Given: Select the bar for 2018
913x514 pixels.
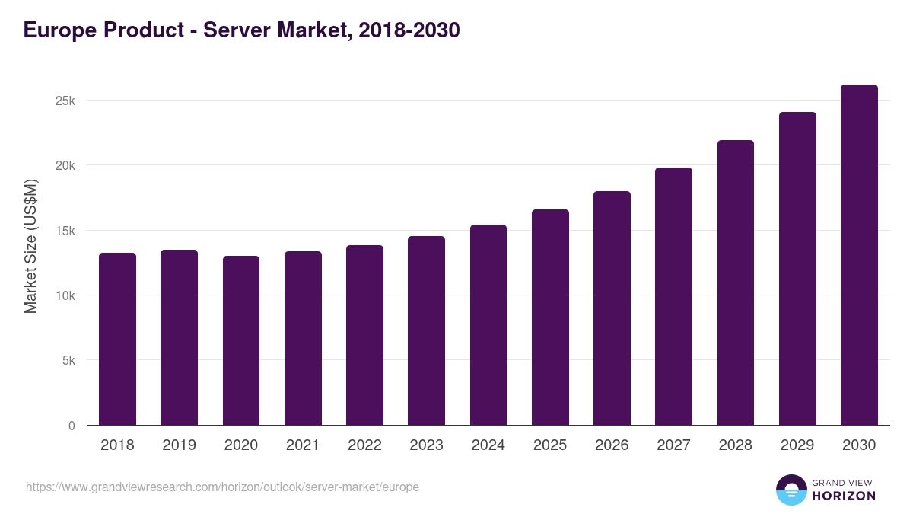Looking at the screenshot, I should pos(117,339).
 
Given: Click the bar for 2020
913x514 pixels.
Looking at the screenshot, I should pos(241,340).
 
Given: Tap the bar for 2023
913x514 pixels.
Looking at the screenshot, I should pos(426,330).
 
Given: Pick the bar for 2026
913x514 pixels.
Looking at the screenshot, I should pos(612,308).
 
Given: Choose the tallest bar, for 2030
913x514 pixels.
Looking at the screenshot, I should pos(859,255).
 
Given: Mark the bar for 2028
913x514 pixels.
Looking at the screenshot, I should pos(735,283).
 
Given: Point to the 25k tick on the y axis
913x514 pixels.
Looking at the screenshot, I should pos(65,101).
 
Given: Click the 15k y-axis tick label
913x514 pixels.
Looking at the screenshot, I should pos(65,231).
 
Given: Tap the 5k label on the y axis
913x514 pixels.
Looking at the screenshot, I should pos(68,361).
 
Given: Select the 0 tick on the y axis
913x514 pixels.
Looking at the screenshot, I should pos(72,426).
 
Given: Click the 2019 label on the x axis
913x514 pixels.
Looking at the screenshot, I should pos(179,445).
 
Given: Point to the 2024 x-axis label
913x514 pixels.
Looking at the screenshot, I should pos(488,445).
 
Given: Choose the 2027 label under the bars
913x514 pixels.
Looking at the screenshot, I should pos(673,445).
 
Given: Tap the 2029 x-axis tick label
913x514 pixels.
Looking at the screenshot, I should pos(797,445).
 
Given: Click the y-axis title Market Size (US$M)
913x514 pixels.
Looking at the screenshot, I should pos(30,246).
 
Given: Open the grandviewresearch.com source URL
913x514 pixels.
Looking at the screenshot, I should pos(222,487).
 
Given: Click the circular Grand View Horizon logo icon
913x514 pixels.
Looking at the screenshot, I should pos(791,490).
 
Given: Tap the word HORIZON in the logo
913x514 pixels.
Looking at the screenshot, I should pos(844,496).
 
